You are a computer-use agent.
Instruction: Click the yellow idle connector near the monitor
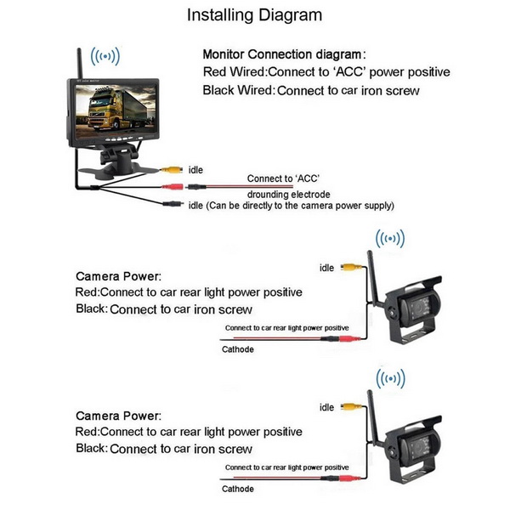coord(173,170)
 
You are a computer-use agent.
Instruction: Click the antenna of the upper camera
coord(372,280)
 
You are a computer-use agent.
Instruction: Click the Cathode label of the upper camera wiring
coord(238,348)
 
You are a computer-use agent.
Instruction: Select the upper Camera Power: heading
coord(118,277)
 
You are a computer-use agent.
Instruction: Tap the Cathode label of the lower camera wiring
coord(238,489)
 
